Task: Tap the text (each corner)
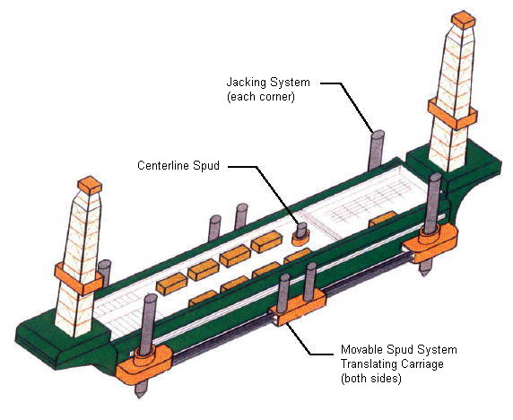pyautogui.click(x=261, y=97)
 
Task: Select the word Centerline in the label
pyautogui.click(x=163, y=166)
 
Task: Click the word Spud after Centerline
pyautogui.click(x=205, y=166)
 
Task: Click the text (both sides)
pyautogui.click(x=371, y=379)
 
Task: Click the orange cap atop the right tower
pyautogui.click(x=463, y=20)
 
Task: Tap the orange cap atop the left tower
pyautogui.click(x=90, y=185)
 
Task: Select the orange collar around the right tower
pyautogui.click(x=453, y=114)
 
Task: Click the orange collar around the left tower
pyautogui.click(x=79, y=279)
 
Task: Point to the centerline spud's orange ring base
pyautogui.click(x=300, y=238)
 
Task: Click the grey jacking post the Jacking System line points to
pyautogui.click(x=377, y=150)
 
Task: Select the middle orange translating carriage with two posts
pyautogui.click(x=297, y=309)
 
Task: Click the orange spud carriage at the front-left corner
pyautogui.click(x=144, y=364)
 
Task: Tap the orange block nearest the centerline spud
pyautogui.click(x=266, y=241)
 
